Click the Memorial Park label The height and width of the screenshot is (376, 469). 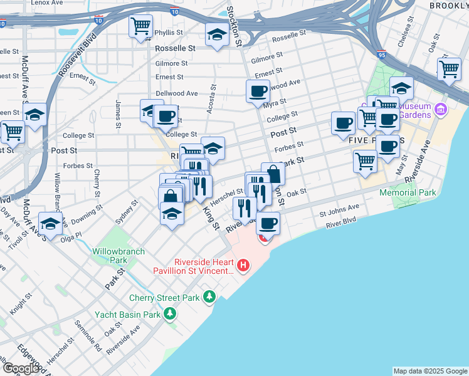point(408,193)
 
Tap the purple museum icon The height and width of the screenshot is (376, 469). point(440,110)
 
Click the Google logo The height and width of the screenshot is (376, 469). point(20,368)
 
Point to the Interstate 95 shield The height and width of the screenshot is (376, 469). point(382,55)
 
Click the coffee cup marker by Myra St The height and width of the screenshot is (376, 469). point(257,92)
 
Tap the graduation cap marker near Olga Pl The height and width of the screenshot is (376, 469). point(50,223)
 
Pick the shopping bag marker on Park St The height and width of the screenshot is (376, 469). point(273,174)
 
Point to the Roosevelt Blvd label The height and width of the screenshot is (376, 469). point(78,55)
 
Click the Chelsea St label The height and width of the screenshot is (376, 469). point(410,28)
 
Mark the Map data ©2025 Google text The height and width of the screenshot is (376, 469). point(430,371)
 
